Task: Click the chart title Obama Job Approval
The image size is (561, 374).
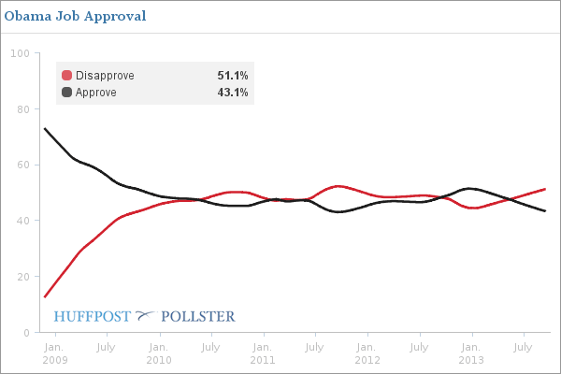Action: coord(75,17)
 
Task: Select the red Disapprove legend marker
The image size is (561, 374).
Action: coord(66,76)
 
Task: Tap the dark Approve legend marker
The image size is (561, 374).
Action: coord(66,92)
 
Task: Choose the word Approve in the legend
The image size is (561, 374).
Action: coord(96,92)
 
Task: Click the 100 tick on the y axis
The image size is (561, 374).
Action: coord(19,53)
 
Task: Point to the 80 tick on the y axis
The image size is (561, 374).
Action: coord(22,109)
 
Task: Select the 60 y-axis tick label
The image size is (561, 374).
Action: coord(22,165)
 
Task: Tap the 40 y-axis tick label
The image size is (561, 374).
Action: coord(22,222)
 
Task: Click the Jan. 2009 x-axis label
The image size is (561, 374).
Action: coord(54,353)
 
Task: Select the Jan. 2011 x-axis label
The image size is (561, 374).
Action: coord(263,353)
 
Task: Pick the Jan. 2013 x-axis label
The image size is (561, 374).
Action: coord(470,353)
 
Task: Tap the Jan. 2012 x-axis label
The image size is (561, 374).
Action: coord(367,353)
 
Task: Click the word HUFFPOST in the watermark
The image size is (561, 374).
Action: coord(93,316)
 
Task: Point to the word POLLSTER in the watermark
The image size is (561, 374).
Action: coord(198,316)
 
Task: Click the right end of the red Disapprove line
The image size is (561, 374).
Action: coord(545,189)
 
